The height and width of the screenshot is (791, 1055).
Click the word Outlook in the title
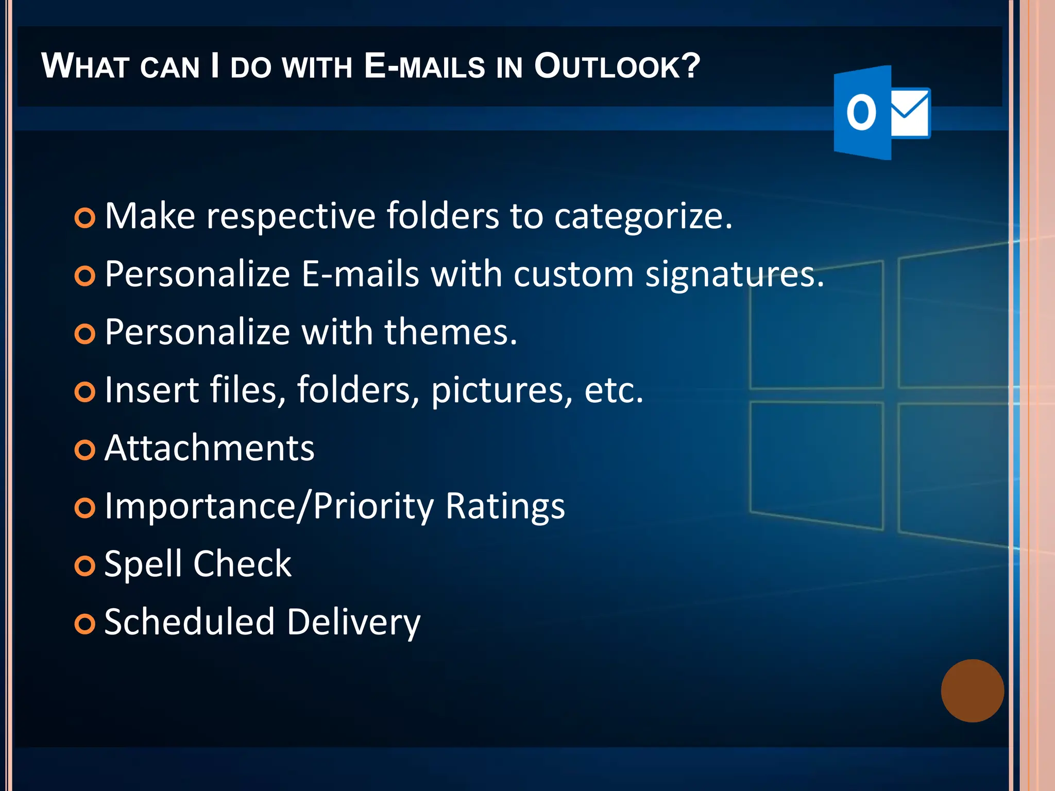point(617,67)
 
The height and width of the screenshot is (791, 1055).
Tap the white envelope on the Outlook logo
point(910,113)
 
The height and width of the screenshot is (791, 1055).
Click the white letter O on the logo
point(861,113)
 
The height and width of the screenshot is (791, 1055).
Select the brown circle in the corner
point(972,691)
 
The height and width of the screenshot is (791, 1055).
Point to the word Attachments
point(209,448)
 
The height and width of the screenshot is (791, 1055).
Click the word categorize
point(643,216)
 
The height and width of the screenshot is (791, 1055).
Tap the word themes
point(451,332)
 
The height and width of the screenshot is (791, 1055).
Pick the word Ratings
point(505,506)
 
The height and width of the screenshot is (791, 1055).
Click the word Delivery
point(353,622)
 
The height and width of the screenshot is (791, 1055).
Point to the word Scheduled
point(190,622)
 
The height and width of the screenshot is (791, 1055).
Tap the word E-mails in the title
point(424,67)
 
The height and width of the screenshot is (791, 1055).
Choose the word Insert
point(151,390)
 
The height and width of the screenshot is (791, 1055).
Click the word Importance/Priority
point(269,506)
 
